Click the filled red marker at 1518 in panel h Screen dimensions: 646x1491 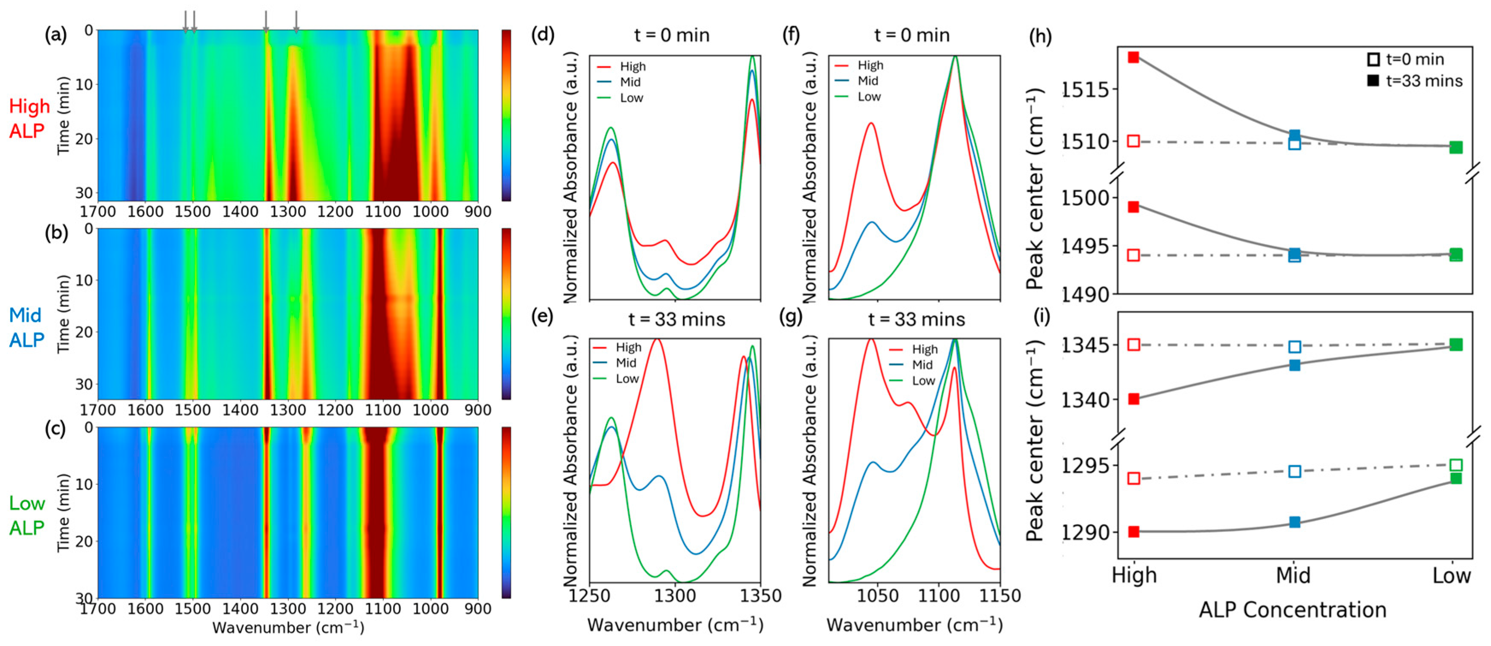click(1133, 57)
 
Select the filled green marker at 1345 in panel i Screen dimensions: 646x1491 click(1456, 345)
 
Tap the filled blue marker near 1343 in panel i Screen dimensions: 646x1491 click(1295, 365)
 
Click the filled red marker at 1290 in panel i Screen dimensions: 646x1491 click(1133, 531)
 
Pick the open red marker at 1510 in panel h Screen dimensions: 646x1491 click(1133, 141)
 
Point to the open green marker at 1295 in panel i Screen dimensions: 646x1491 click(1456, 465)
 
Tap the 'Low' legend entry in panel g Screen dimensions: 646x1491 click(923, 381)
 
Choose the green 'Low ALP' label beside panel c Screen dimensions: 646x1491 click(26, 515)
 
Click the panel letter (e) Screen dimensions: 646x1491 click(542, 317)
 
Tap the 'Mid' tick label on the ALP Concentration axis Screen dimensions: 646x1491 click(1293, 576)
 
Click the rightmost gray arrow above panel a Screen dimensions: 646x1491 click(296, 21)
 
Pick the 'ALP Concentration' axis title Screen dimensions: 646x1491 click(1292, 610)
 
